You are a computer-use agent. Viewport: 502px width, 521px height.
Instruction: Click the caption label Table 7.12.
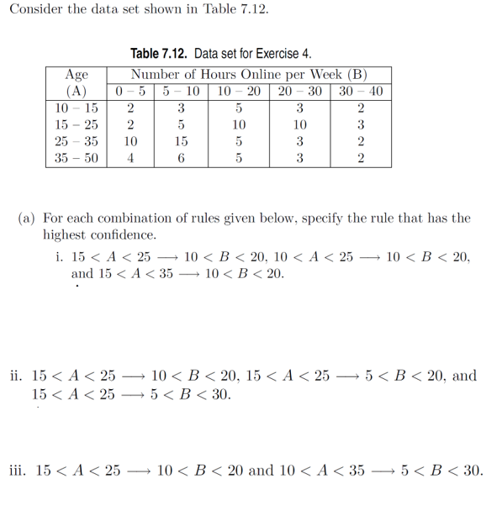coord(166,54)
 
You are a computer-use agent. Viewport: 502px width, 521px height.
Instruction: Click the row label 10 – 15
coord(77,108)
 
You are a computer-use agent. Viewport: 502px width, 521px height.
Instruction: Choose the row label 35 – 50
coord(77,158)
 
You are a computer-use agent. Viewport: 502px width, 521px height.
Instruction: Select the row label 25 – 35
coord(77,141)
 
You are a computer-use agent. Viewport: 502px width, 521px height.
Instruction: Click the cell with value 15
coord(181,141)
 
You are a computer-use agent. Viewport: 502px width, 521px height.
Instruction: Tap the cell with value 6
coord(181,158)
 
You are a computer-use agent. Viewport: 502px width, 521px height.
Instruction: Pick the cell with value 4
coord(130,158)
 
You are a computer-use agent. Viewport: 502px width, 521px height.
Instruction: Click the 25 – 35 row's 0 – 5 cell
coord(130,141)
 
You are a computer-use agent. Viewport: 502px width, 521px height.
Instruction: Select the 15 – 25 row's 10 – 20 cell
coord(239,125)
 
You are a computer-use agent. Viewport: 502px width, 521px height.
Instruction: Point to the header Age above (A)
coord(77,75)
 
